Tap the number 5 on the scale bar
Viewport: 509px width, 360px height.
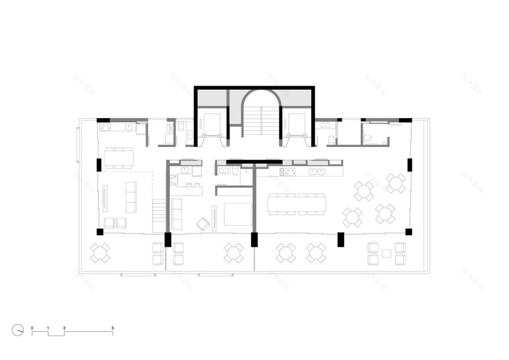[113, 328]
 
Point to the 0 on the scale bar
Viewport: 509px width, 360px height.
[32, 328]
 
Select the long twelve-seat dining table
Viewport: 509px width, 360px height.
[296, 204]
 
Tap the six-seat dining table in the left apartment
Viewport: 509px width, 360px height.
[119, 157]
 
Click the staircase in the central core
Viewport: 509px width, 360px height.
[261, 120]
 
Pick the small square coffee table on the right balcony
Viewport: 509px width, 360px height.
[386, 252]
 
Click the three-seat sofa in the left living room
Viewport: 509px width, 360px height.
[131, 196]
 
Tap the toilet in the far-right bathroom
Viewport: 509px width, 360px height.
[368, 138]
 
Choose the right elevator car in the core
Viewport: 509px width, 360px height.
[296, 123]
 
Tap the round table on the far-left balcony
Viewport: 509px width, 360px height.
[100, 252]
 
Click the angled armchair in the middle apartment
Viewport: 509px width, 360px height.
[202, 223]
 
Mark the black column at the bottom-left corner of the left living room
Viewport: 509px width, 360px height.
[99, 232]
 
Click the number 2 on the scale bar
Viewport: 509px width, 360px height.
[64, 328]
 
